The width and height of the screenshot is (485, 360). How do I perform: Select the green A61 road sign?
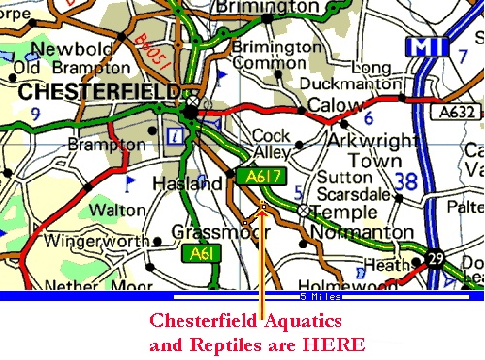pyautogui.click(x=201, y=254)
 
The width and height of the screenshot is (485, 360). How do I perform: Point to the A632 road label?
pyautogui.click(x=443, y=113)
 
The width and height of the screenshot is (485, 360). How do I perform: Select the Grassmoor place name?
pyautogui.click(x=204, y=232)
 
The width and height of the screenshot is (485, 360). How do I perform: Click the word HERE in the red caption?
pyautogui.click(x=334, y=344)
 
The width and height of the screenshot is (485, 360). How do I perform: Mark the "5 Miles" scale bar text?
pyautogui.click(x=319, y=296)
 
